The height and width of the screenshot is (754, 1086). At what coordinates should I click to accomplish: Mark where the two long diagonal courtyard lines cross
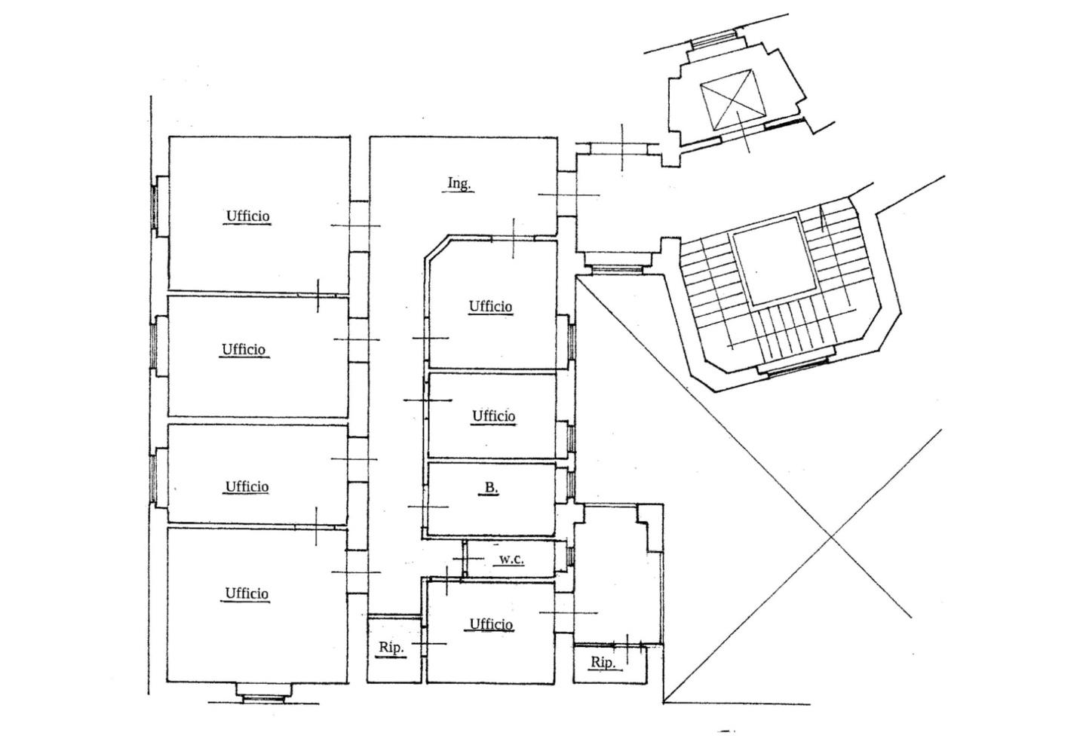click(x=832, y=537)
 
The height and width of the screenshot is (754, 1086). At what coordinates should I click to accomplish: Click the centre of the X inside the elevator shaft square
click(x=732, y=100)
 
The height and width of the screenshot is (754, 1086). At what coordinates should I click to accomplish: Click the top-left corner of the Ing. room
click(x=370, y=138)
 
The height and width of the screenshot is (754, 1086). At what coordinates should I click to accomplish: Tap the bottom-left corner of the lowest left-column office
click(x=167, y=682)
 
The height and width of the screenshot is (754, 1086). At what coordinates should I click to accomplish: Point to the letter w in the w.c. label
click(x=505, y=559)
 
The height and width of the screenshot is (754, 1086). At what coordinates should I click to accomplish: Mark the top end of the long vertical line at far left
click(x=151, y=96)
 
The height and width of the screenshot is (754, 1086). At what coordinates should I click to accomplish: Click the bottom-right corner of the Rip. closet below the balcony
click(x=647, y=683)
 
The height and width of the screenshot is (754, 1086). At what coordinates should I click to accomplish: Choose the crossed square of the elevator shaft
click(x=732, y=100)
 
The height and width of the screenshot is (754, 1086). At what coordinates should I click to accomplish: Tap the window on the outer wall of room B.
click(x=572, y=484)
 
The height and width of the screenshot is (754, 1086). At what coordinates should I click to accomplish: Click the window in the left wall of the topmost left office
click(x=154, y=207)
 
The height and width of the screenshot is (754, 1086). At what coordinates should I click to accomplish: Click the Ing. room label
click(x=459, y=183)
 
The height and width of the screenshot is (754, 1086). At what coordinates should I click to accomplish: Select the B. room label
click(x=491, y=488)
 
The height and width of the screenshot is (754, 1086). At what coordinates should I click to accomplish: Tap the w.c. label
click(x=511, y=559)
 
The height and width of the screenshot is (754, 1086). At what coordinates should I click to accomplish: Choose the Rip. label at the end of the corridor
click(x=391, y=648)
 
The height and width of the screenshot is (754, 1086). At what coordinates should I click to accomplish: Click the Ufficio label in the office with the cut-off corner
click(x=490, y=306)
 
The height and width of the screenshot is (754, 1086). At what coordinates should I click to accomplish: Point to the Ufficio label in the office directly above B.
click(x=493, y=415)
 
